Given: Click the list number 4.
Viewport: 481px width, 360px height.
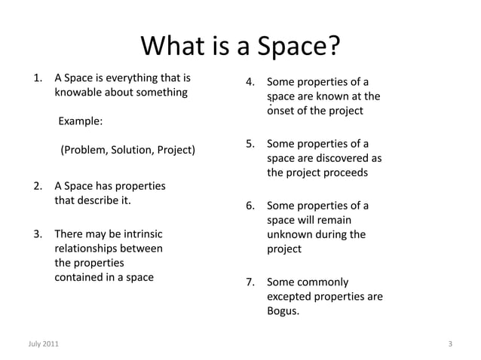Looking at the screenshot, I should (250, 83).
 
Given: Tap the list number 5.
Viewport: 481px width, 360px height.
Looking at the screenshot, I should (250, 144).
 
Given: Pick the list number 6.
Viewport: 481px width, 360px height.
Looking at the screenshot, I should (250, 206).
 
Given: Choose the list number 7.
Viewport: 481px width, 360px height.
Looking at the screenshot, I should (250, 283).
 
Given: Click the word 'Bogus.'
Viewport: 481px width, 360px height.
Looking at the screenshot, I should (283, 311).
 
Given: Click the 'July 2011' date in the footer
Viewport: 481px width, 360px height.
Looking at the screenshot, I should (41, 344).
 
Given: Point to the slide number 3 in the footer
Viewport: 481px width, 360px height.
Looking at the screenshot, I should (449, 344).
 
